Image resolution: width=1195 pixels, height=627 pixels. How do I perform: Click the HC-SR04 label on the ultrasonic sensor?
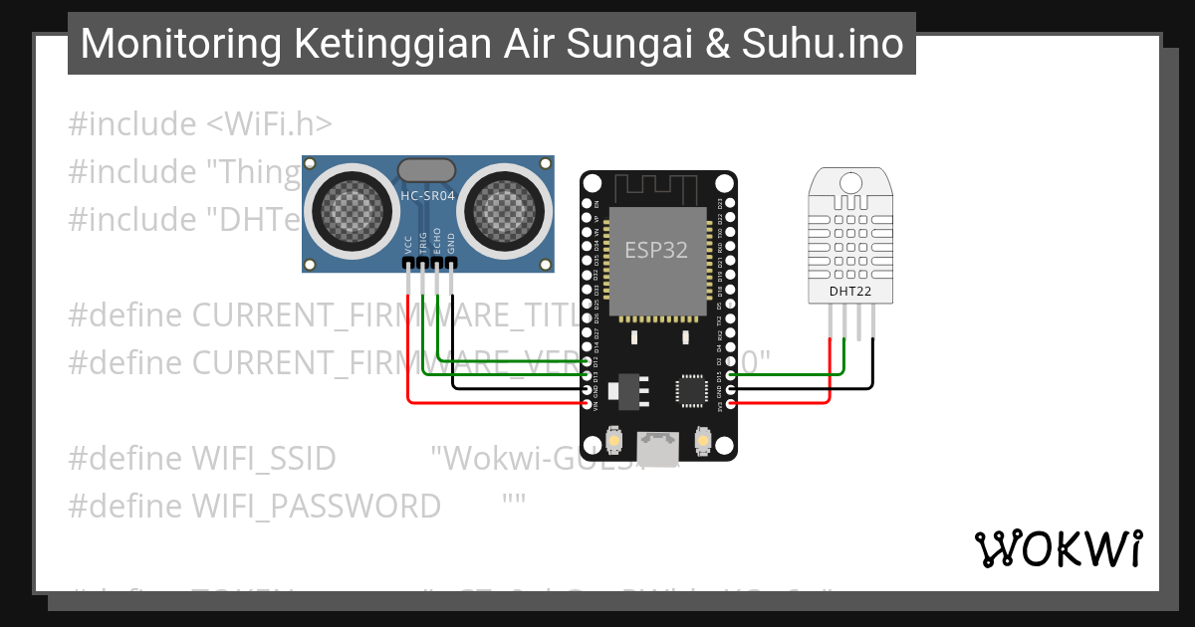tap(427, 196)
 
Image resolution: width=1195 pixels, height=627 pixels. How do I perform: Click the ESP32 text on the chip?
tap(656, 250)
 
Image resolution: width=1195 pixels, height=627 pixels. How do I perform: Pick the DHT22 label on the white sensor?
tap(849, 292)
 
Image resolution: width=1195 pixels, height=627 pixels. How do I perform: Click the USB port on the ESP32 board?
tap(658, 448)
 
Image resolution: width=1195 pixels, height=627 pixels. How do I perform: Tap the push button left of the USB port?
tap(614, 440)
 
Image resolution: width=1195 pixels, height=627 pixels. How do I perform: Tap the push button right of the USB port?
tap(703, 440)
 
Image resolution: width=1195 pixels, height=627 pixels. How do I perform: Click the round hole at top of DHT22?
tap(850, 182)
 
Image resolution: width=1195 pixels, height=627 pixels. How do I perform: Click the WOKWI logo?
tap(1058, 548)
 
